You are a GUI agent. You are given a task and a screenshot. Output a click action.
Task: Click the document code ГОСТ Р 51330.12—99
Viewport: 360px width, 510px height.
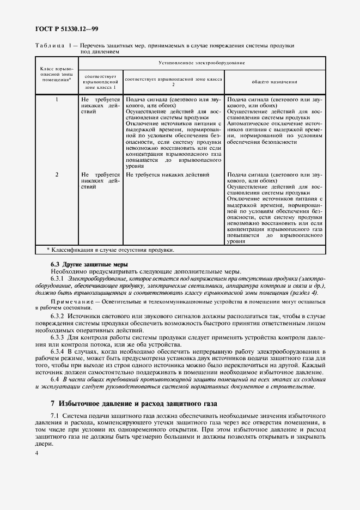(x=66, y=29)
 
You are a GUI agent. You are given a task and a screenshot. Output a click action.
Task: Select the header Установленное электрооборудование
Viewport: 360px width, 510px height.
(x=201, y=63)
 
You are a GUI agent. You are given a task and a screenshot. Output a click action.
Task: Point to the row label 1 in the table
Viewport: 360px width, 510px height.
(x=57, y=100)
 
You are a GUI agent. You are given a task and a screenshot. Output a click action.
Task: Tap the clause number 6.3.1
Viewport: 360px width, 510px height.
(x=58, y=278)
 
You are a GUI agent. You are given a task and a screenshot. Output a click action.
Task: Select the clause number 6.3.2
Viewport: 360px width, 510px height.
(x=58, y=316)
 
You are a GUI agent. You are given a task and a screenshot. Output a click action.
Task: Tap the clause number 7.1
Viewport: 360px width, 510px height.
(x=54, y=416)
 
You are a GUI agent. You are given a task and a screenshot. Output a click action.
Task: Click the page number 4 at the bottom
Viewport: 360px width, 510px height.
(x=36, y=453)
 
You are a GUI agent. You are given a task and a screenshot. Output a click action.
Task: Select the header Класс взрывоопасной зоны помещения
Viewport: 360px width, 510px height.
(x=57, y=74)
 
